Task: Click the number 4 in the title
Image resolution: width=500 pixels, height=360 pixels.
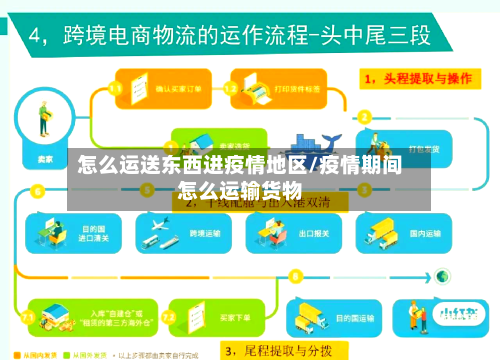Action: (39, 37)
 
